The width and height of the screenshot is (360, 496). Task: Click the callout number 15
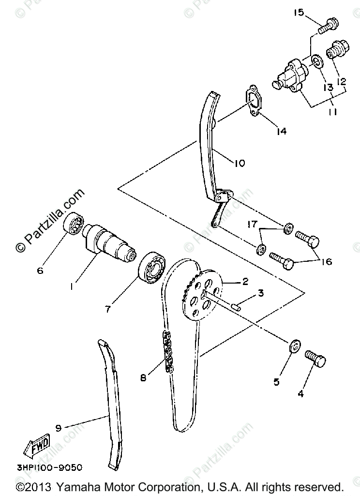[x=298, y=13]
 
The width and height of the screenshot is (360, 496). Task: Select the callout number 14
[x=281, y=131]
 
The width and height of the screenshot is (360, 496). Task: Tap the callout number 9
[x=58, y=428]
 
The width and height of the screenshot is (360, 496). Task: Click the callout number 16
[x=326, y=261]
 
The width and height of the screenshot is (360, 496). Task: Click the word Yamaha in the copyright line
[x=77, y=486]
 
